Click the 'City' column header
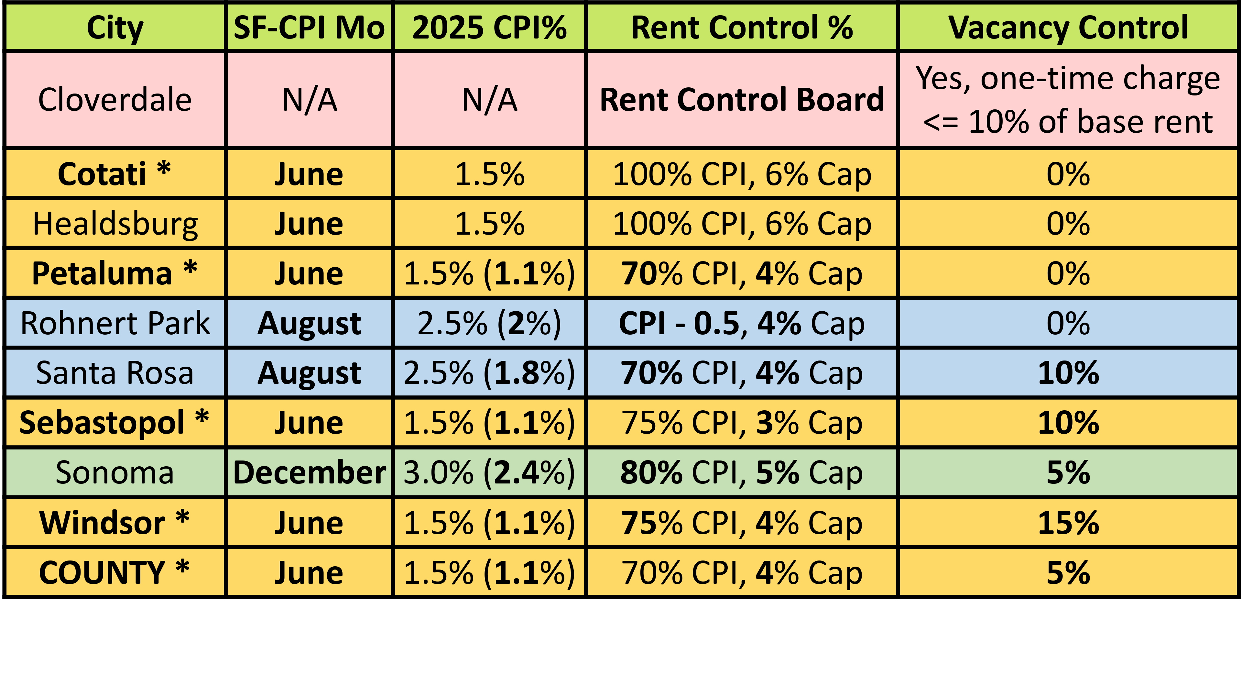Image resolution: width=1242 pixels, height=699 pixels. (115, 28)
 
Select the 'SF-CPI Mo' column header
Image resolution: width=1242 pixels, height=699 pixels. (309, 28)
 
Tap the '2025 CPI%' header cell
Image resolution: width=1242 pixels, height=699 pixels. (489, 28)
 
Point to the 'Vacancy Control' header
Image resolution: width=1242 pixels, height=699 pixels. (1068, 28)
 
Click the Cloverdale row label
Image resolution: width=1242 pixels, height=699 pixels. (115, 100)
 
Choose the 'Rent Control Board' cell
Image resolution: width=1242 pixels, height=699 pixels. (742, 100)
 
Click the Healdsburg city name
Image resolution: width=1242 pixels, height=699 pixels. (115, 224)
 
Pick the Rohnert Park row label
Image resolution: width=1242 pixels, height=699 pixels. (115, 323)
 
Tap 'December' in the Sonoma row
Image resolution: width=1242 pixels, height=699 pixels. (309, 472)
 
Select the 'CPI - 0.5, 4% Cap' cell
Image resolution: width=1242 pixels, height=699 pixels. (742, 323)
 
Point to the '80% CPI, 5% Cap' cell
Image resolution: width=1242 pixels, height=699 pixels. (742, 472)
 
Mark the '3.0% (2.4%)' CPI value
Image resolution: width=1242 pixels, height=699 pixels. (489, 472)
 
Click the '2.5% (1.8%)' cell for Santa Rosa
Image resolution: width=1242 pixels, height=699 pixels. (489, 373)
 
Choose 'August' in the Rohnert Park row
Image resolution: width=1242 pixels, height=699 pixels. (309, 323)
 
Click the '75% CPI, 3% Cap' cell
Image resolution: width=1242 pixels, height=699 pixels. (742, 423)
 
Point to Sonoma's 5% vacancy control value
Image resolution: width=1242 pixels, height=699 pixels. (1068, 472)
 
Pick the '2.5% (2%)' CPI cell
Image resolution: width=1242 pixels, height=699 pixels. (489, 323)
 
